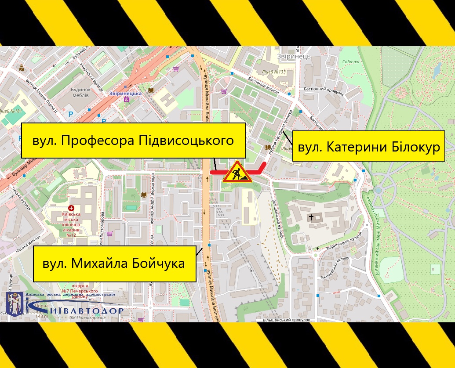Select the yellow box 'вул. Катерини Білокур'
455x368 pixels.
point(368,147)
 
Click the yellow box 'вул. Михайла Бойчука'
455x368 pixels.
point(114,263)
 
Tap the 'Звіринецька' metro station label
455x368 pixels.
point(125,94)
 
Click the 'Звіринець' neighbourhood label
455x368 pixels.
point(294,56)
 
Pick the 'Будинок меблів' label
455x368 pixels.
point(74,92)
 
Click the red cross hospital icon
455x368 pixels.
point(71,207)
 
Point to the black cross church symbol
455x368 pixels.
point(311,217)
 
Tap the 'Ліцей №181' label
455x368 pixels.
point(11,111)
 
